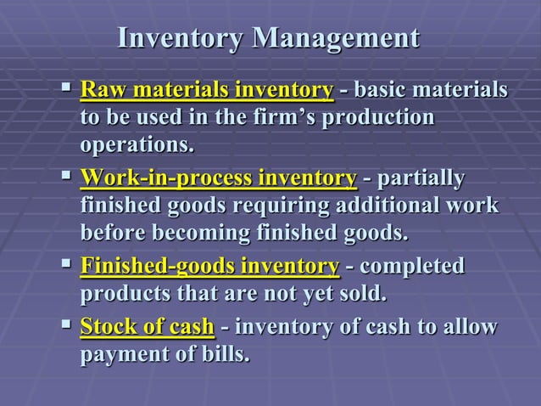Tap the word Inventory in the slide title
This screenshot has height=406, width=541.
point(181,39)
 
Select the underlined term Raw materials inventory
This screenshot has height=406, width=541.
point(206,90)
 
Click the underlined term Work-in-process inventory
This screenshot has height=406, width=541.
point(218,178)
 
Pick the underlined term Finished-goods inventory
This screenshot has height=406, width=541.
point(209,267)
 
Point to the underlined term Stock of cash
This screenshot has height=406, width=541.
point(147,327)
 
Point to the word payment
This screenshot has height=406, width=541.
point(120,354)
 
